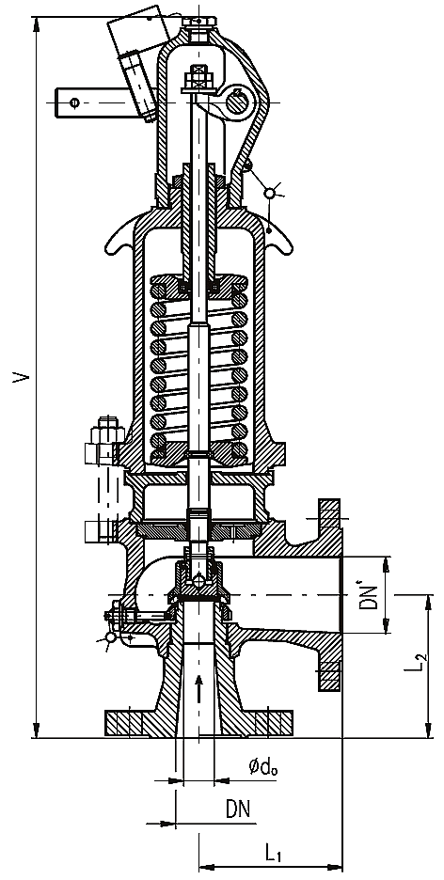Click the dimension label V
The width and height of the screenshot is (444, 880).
21,376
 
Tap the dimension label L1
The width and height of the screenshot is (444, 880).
274,855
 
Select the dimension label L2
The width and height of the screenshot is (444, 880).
414,660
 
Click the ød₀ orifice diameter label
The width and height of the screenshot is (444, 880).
262,765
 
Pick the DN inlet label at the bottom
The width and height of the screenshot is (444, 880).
239,809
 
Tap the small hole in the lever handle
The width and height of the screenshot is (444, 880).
74,102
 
